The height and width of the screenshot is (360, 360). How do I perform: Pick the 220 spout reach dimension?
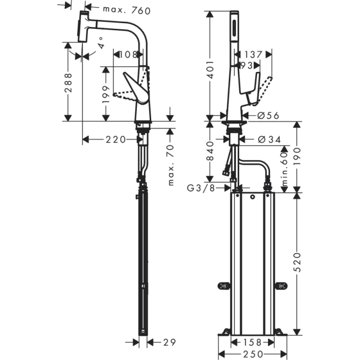(x=112, y=139)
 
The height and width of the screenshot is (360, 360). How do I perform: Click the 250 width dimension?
(x=252, y=354)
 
